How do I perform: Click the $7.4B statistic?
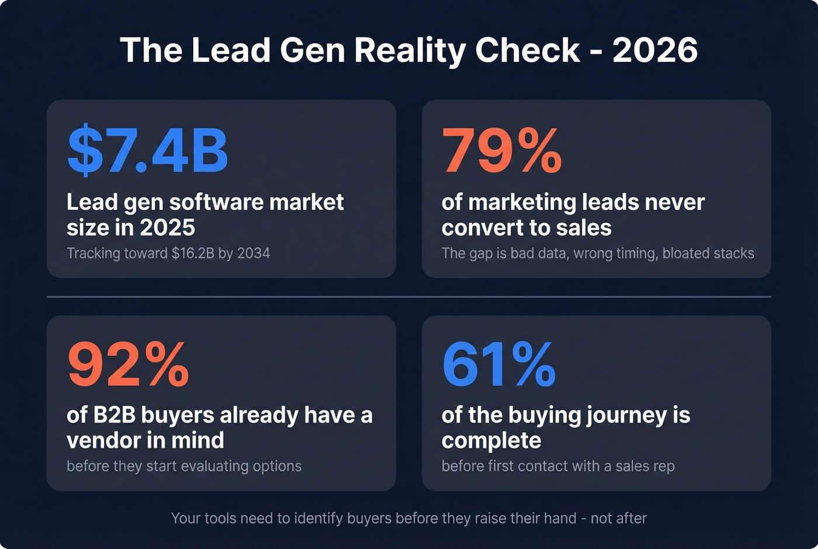tap(147, 150)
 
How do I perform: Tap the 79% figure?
tap(501, 150)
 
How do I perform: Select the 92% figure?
tap(128, 364)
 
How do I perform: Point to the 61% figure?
tap(498, 364)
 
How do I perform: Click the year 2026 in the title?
tap(655, 50)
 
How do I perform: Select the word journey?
tap(626, 415)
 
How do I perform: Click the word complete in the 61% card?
tap(491, 440)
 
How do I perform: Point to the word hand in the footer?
tap(560, 519)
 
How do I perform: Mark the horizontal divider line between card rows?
tap(409, 297)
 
